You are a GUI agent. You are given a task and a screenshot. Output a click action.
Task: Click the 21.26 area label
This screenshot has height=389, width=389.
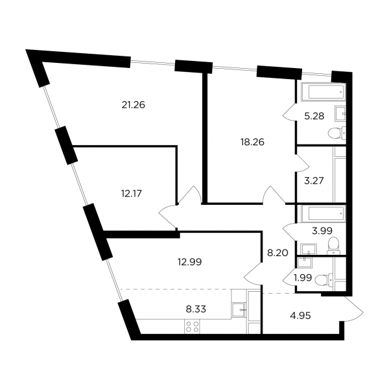(x=133, y=105)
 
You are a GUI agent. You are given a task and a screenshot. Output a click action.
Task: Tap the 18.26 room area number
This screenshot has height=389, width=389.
(x=252, y=142)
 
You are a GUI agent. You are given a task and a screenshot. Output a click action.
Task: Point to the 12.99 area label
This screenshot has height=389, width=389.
(x=190, y=262)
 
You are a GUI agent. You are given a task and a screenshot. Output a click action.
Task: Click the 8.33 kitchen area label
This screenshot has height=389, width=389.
(x=196, y=309)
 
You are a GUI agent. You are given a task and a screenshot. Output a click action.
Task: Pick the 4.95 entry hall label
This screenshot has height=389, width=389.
(x=300, y=316)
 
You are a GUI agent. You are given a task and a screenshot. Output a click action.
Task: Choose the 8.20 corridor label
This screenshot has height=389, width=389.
(x=277, y=253)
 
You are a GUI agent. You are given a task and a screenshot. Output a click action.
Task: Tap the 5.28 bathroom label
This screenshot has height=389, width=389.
(x=314, y=116)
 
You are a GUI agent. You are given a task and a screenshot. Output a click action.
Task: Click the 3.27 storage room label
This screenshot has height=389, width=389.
(x=314, y=181)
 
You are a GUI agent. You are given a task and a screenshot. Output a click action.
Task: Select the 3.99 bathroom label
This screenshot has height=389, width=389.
(x=322, y=231)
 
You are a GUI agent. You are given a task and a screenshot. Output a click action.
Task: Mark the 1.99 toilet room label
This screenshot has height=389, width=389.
(x=303, y=278)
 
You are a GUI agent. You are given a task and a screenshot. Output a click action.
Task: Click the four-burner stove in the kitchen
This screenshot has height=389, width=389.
(x=193, y=327)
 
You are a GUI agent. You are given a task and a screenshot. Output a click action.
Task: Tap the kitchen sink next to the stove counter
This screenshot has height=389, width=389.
(x=239, y=309)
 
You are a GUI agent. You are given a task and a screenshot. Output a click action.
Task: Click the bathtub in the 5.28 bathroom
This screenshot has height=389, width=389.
(x=324, y=92)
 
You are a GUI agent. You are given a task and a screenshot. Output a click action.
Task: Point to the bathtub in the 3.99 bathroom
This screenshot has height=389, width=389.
(x=324, y=213)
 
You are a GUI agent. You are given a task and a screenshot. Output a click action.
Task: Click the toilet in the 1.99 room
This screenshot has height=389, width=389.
(x=324, y=280)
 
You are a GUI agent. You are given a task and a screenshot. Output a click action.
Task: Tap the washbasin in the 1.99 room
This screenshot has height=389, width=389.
(x=304, y=263)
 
